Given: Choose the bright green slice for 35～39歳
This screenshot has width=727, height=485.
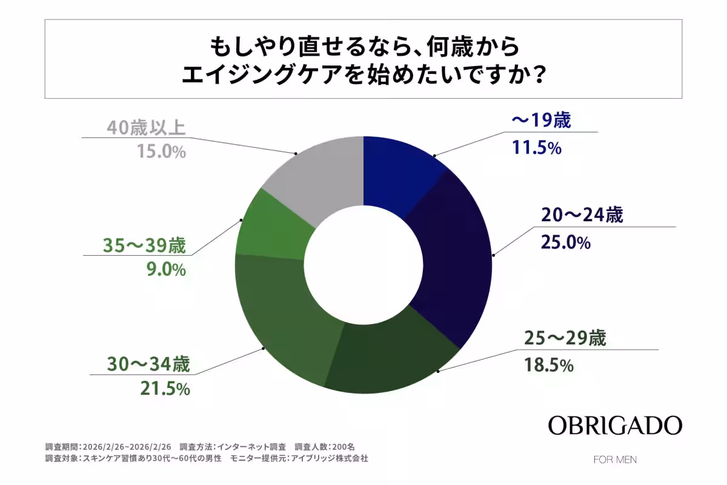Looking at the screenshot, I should pos(270,224).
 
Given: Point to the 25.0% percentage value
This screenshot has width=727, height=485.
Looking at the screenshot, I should pos(563,243).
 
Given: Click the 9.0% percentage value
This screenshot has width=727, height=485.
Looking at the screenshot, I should pos(164,270).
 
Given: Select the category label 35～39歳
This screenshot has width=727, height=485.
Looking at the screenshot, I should pos(145,247).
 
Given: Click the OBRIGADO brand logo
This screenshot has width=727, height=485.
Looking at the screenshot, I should pos(615,426).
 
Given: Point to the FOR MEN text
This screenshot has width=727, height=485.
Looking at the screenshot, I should pos(615,460).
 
